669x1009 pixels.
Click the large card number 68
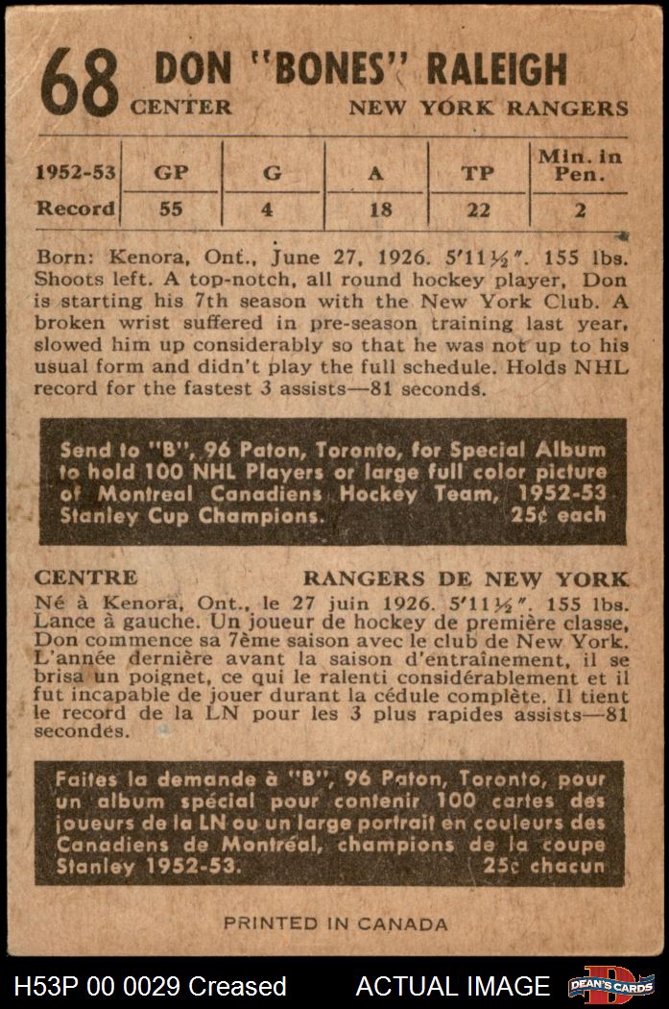click(x=81, y=83)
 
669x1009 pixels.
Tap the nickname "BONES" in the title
click(x=320, y=69)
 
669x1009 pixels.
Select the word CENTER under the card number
click(x=181, y=108)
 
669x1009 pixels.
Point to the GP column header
click(x=170, y=174)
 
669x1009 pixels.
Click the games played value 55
click(x=170, y=209)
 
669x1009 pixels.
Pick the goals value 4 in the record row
click(x=272, y=209)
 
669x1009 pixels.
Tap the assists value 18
click(x=377, y=209)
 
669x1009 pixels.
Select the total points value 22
click(x=477, y=209)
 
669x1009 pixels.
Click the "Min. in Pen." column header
click(x=579, y=165)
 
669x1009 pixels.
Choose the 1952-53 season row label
click(x=76, y=174)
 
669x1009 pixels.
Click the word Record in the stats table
click(x=76, y=209)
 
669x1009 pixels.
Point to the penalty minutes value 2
click(x=580, y=209)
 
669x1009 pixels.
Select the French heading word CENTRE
click(x=85, y=578)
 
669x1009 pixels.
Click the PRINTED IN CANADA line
click(x=335, y=923)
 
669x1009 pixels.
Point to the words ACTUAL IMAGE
click(x=453, y=986)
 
